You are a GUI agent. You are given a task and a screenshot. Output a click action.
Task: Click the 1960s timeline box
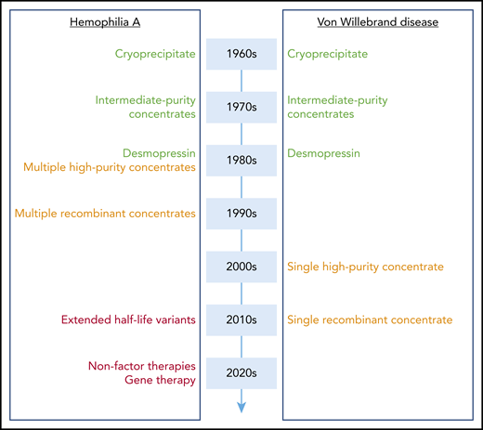(241, 54)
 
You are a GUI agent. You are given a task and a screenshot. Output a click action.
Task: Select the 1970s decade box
(241, 107)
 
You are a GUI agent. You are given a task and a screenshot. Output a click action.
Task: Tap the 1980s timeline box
(241, 160)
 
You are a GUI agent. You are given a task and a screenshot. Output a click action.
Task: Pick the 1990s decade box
(241, 214)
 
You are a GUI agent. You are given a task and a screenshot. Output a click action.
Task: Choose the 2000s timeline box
(241, 267)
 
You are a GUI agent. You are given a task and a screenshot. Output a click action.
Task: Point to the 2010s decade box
(241, 320)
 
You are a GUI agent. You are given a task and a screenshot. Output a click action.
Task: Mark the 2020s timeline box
(241, 373)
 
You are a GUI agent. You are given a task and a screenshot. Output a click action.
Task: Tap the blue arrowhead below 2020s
(241, 405)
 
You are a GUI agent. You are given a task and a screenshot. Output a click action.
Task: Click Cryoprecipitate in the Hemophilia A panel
(156, 54)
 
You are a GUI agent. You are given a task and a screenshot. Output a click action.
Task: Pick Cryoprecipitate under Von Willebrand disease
(328, 54)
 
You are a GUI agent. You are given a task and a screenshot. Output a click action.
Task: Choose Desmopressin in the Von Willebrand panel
(324, 152)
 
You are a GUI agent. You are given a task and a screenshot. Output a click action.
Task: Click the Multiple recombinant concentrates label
(105, 214)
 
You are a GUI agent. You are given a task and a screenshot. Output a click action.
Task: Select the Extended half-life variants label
(128, 320)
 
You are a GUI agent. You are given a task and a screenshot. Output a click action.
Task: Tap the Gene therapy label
(161, 381)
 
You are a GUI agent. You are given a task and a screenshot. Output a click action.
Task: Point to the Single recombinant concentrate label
(370, 320)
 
